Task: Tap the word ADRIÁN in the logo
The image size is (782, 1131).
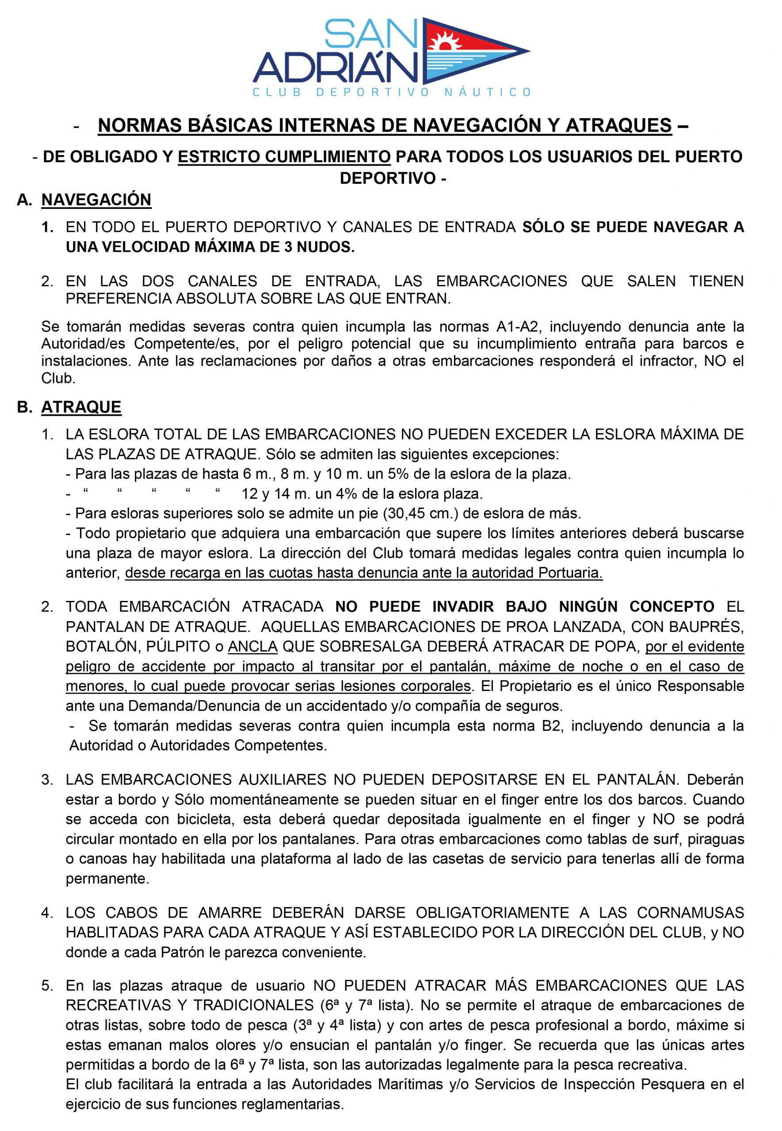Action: [336, 69]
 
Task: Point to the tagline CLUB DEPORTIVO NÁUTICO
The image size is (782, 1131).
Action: [391, 92]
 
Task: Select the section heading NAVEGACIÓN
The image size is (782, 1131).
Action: [96, 200]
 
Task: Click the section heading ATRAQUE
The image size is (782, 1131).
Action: [81, 407]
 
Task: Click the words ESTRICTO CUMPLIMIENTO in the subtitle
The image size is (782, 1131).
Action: [284, 157]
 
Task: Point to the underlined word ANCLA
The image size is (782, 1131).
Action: [253, 647]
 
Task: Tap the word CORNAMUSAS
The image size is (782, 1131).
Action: [690, 913]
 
